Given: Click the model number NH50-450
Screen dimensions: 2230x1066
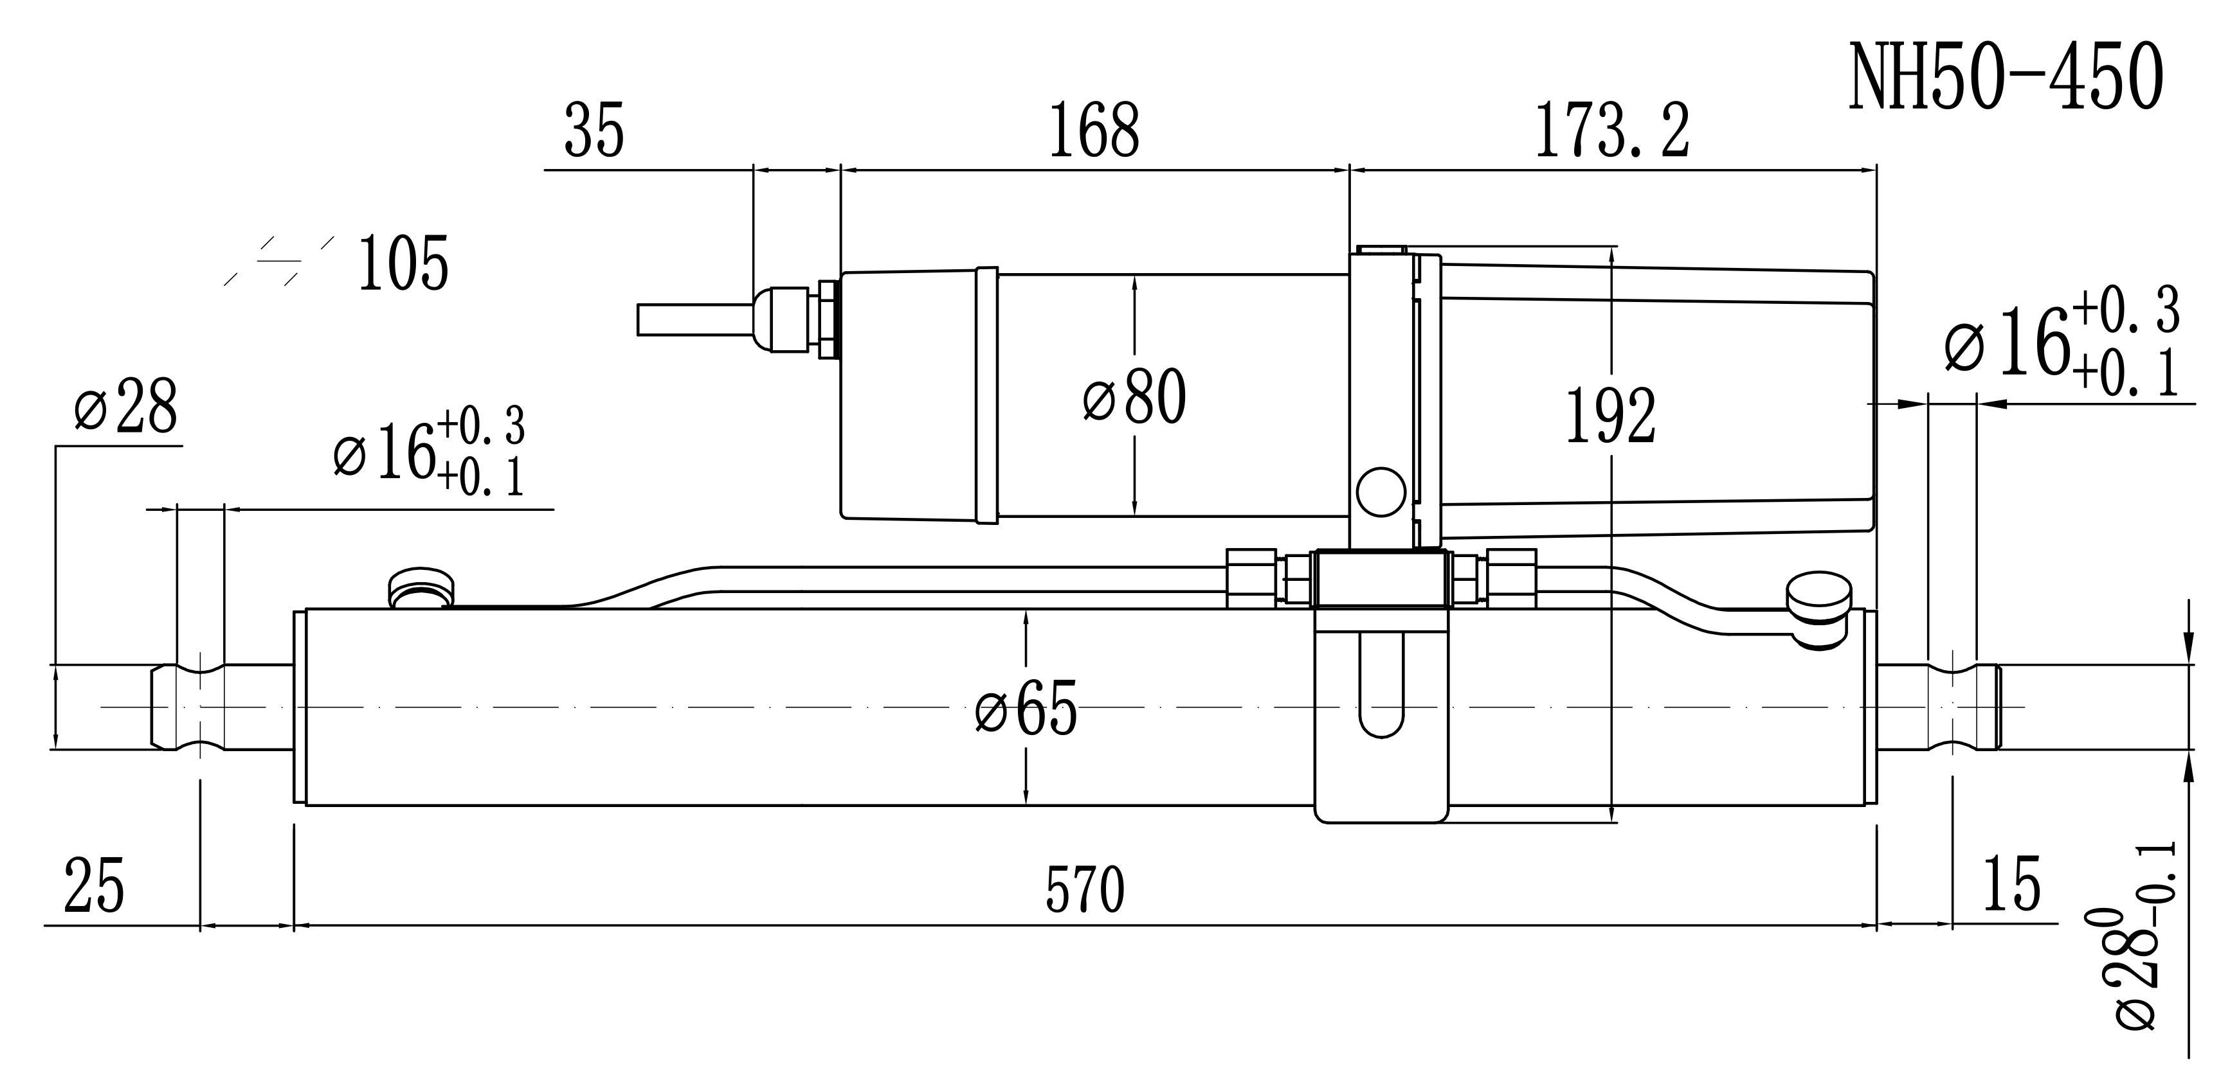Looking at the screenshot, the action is click(x=2006, y=77).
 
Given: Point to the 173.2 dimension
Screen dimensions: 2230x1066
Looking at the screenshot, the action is click(x=1612, y=130).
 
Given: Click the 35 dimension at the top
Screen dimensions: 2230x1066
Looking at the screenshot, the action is click(x=595, y=130).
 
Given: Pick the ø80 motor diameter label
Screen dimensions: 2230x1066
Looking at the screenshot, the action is click(x=1134, y=396).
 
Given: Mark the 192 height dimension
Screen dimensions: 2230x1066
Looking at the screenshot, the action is click(x=1611, y=416).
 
